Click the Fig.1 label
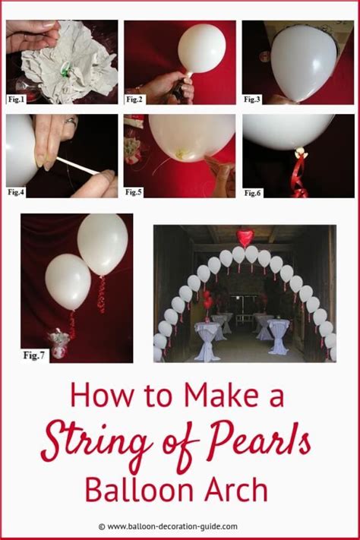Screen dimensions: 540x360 tap(17, 98)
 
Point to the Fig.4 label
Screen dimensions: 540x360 tap(17, 191)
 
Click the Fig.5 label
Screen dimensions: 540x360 tap(135, 192)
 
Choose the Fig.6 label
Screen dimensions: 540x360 tap(253, 193)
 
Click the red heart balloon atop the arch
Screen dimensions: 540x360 tap(245, 237)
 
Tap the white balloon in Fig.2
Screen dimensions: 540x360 tap(201, 48)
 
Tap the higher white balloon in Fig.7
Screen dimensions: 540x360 tap(103, 243)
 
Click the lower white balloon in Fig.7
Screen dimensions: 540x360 tap(68, 281)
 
